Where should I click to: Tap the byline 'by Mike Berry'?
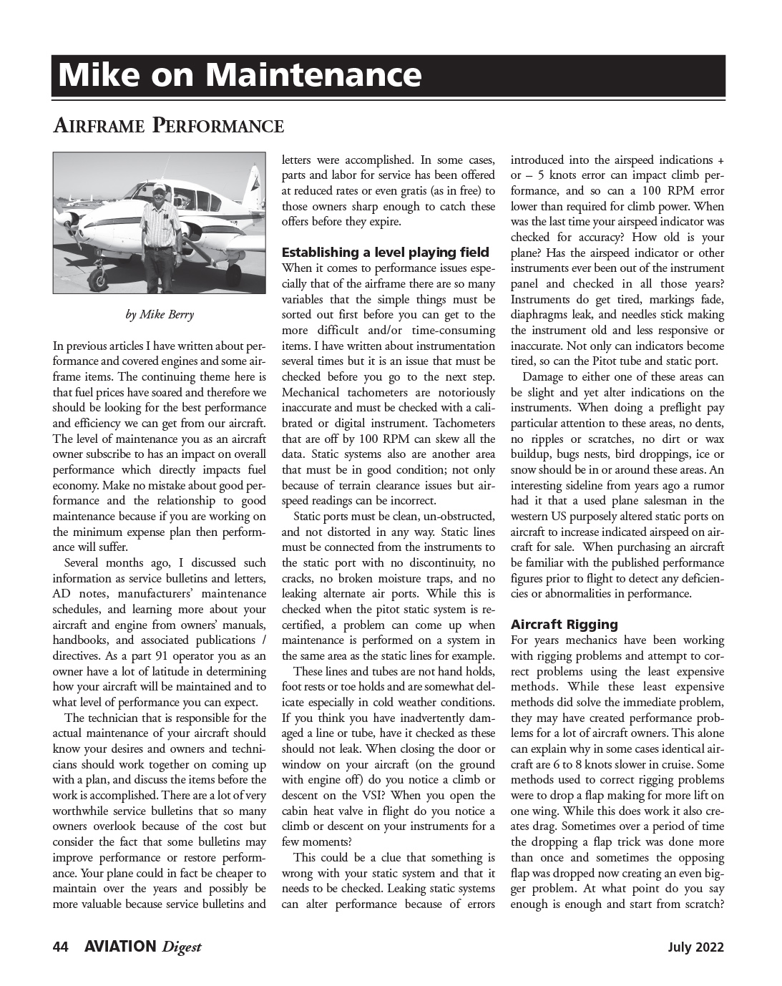click(159, 315)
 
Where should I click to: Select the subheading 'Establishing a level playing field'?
click(386, 252)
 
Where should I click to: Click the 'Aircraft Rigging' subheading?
click(564, 624)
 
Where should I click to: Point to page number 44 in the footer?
click(61, 947)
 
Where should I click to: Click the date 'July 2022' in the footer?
click(695, 947)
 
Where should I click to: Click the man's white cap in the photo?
click(159, 187)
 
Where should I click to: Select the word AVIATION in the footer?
click(119, 947)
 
